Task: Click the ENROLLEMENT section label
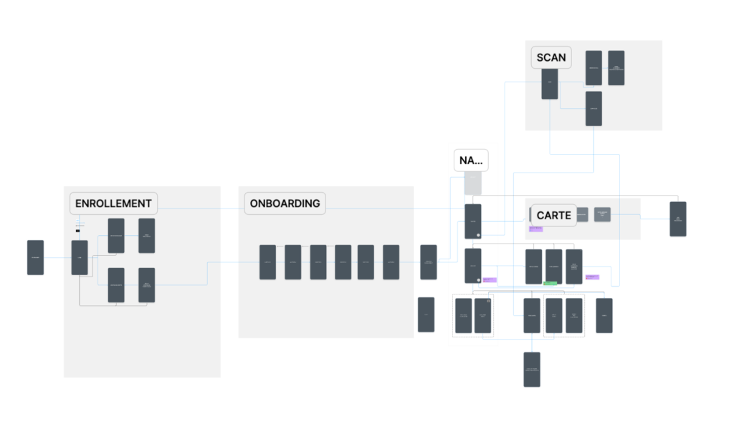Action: pyautogui.click(x=114, y=203)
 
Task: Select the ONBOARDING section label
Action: pyautogui.click(x=285, y=203)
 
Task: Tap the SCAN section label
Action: pyautogui.click(x=551, y=58)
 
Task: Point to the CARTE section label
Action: pyautogui.click(x=553, y=216)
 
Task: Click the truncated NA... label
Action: pyautogui.click(x=471, y=161)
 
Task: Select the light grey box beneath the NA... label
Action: pyautogui.click(x=472, y=183)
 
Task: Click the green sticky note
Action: pyautogui.click(x=550, y=284)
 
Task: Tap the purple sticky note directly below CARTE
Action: pyautogui.click(x=535, y=229)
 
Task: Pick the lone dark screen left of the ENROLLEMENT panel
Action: pyautogui.click(x=35, y=257)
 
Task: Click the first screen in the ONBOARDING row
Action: pyautogui.click(x=267, y=262)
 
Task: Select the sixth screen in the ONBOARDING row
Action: pyautogui.click(x=391, y=262)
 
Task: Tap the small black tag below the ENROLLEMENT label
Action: pyautogui.click(x=77, y=231)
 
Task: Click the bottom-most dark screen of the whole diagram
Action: pyautogui.click(x=531, y=370)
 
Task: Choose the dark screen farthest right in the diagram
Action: pyautogui.click(x=677, y=219)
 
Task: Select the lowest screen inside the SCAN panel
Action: pyautogui.click(x=594, y=109)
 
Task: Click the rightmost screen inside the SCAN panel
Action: pyautogui.click(x=616, y=68)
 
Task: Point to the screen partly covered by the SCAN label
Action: pyautogui.click(x=550, y=85)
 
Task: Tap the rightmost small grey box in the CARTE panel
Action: pyautogui.click(x=602, y=214)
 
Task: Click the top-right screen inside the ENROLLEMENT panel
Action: pyautogui.click(x=146, y=236)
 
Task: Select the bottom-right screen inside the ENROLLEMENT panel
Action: pyautogui.click(x=146, y=285)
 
